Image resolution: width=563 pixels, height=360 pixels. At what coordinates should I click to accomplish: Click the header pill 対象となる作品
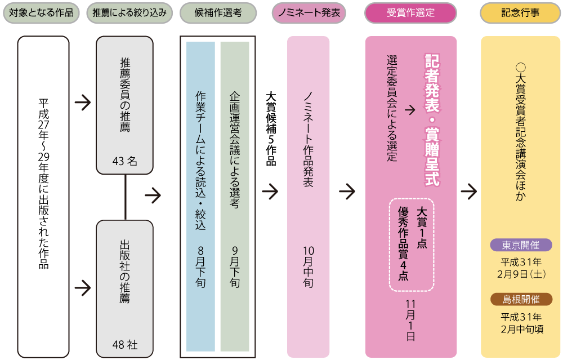coord(41,13)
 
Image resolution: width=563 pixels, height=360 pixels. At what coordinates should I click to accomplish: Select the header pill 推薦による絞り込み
coord(129,13)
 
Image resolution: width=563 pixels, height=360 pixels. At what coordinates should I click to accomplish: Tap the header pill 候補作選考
coord(218,13)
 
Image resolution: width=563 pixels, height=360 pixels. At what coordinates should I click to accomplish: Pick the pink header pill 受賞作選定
coord(410,13)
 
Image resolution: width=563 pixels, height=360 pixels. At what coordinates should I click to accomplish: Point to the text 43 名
coord(125,162)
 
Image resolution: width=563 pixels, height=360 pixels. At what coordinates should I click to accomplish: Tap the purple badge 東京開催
coord(521,245)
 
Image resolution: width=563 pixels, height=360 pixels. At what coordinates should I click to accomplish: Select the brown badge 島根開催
coord(521,299)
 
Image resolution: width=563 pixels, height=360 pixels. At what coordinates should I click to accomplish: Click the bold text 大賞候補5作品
coord(271,129)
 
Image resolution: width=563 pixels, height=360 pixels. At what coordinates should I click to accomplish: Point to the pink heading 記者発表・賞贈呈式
coord(432,120)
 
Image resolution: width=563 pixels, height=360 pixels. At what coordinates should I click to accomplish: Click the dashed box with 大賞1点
coord(412,243)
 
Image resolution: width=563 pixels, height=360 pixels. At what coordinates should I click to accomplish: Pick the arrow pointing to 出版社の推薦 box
coord(82,288)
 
